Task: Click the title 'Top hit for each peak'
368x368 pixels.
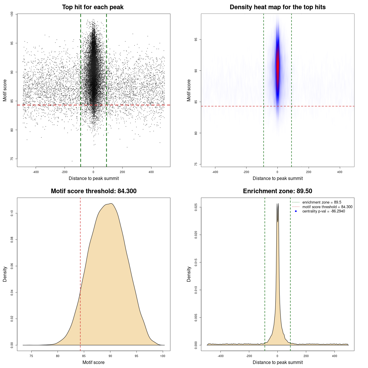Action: coord(93,7)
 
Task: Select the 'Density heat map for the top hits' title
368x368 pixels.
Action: coord(277,7)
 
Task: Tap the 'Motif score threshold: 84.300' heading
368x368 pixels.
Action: coord(93,191)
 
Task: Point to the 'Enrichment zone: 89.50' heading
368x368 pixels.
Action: coord(277,191)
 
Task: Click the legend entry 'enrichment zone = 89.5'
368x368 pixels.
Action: coord(322,202)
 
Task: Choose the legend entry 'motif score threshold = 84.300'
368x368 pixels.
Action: coord(327,207)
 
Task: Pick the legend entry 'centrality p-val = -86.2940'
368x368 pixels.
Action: coord(323,211)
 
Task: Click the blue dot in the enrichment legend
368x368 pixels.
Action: coord(296,211)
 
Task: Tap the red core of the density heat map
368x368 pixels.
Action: coord(278,66)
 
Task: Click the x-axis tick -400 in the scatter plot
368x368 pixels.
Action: coord(36,172)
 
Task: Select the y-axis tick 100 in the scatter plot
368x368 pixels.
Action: coord(12,14)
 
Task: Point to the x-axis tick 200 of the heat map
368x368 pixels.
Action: coord(308,172)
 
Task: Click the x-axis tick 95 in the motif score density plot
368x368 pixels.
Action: coord(137,356)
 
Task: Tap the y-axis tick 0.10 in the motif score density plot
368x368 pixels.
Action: coord(12,213)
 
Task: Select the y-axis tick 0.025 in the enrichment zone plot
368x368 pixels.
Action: coord(196,207)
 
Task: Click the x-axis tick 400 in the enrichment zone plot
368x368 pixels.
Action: coord(334,356)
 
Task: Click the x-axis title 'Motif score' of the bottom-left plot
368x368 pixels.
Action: coord(93,362)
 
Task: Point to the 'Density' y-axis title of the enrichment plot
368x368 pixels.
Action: coord(189,274)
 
